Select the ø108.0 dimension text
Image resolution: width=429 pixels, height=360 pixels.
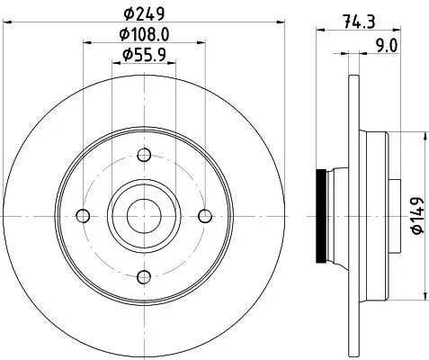(x=143, y=35)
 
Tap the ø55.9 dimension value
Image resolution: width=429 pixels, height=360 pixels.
(x=143, y=56)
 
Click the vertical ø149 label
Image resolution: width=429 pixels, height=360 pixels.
(x=416, y=216)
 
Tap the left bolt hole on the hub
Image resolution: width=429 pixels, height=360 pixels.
(x=83, y=215)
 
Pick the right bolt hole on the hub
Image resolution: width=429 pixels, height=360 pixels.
(x=204, y=215)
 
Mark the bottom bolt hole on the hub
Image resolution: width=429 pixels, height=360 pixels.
(x=143, y=276)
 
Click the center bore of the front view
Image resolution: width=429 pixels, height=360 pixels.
(x=143, y=215)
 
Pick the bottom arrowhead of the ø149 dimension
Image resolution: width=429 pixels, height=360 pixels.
(x=424, y=295)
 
